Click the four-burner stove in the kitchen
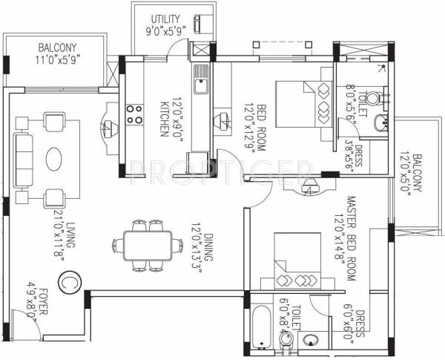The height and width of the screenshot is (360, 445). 134,114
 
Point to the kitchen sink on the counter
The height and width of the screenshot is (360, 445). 201,80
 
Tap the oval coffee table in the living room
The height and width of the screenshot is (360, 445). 56,159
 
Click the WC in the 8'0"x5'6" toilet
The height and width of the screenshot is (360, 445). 372,97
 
